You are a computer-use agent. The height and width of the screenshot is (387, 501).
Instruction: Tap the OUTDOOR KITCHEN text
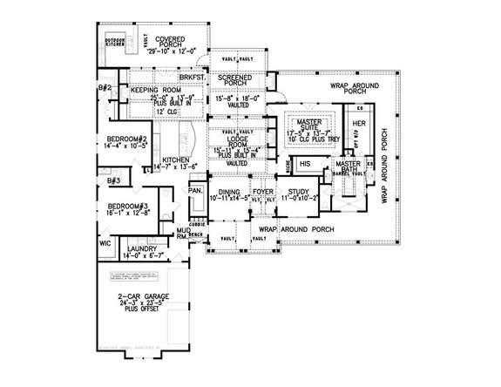(x=114, y=43)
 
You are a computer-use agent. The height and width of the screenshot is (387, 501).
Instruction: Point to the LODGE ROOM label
(x=235, y=142)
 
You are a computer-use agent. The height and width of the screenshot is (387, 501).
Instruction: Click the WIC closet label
(x=105, y=243)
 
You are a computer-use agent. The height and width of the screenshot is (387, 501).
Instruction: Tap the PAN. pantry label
(x=195, y=188)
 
